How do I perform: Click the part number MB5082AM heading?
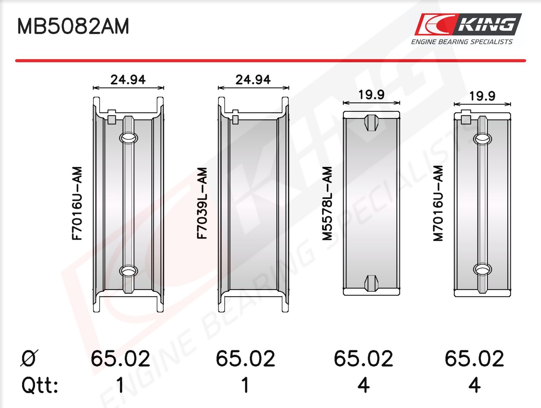coord(73,26)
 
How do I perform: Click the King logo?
coord(468,24)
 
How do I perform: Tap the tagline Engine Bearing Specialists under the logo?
coord(462,42)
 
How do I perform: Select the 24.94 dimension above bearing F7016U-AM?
coord(128,80)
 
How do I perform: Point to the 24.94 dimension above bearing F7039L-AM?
coord(253,80)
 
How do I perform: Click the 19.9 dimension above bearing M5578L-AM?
coord(371,95)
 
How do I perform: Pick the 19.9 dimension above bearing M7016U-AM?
coord(482,96)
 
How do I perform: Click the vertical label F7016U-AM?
coord(77,203)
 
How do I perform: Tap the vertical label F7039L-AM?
coord(202,203)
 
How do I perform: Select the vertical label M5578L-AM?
coord(327,204)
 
